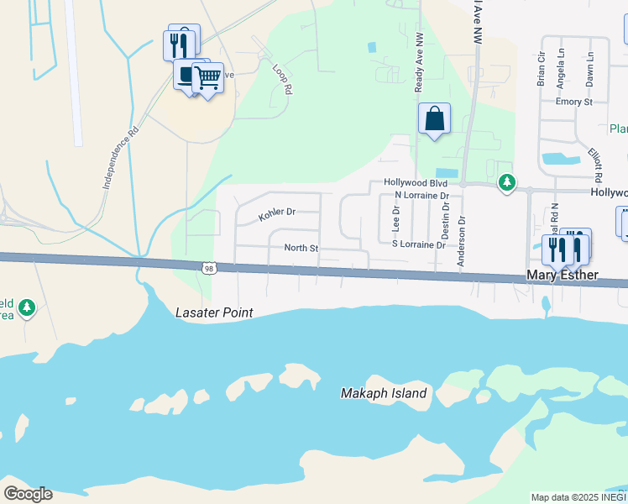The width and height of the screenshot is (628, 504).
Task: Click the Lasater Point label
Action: point(214,312)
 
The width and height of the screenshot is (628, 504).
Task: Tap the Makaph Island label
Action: point(384,393)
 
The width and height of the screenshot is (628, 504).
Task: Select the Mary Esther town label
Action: point(562,275)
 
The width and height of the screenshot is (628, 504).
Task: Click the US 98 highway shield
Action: point(208,268)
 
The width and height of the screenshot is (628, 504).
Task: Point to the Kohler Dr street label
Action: point(277,214)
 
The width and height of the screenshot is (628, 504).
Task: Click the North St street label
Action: point(301,248)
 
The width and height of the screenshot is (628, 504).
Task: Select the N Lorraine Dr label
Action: point(421,196)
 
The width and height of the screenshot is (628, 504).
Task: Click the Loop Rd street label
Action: point(282,77)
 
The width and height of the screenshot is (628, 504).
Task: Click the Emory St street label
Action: point(574,102)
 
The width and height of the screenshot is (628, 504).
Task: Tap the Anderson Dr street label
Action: point(461,240)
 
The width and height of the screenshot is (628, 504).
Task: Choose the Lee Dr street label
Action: point(396,219)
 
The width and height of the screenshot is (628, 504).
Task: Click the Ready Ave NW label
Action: point(419,62)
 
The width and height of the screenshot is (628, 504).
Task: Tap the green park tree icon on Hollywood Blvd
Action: point(506,182)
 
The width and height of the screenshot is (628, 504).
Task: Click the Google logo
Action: point(28,494)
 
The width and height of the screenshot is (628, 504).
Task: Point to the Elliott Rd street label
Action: point(597,165)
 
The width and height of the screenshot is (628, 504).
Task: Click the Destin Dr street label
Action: point(445,224)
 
